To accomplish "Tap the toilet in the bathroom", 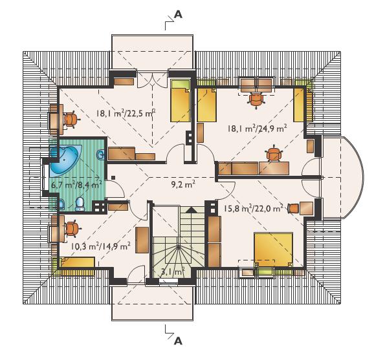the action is (80, 204).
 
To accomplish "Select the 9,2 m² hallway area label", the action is (183, 184).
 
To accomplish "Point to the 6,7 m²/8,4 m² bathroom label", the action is (76, 184).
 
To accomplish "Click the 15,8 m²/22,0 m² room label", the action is (254, 209).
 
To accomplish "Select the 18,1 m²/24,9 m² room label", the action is (258, 128).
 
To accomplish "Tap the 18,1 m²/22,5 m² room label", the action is (126, 113).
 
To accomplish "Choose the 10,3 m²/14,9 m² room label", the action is (100, 246).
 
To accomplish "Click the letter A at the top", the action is (178, 15).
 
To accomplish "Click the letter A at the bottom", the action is (178, 341).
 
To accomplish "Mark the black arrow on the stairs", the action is (192, 209).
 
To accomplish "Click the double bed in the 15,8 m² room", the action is (273, 249).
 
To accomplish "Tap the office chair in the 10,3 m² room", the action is (72, 229).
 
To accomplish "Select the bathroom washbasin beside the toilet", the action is (61, 204).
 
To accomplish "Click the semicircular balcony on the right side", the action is (343, 176).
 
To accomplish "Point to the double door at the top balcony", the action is (152, 79).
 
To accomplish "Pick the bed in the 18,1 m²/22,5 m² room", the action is (181, 101).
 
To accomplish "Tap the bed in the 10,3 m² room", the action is (77, 262).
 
